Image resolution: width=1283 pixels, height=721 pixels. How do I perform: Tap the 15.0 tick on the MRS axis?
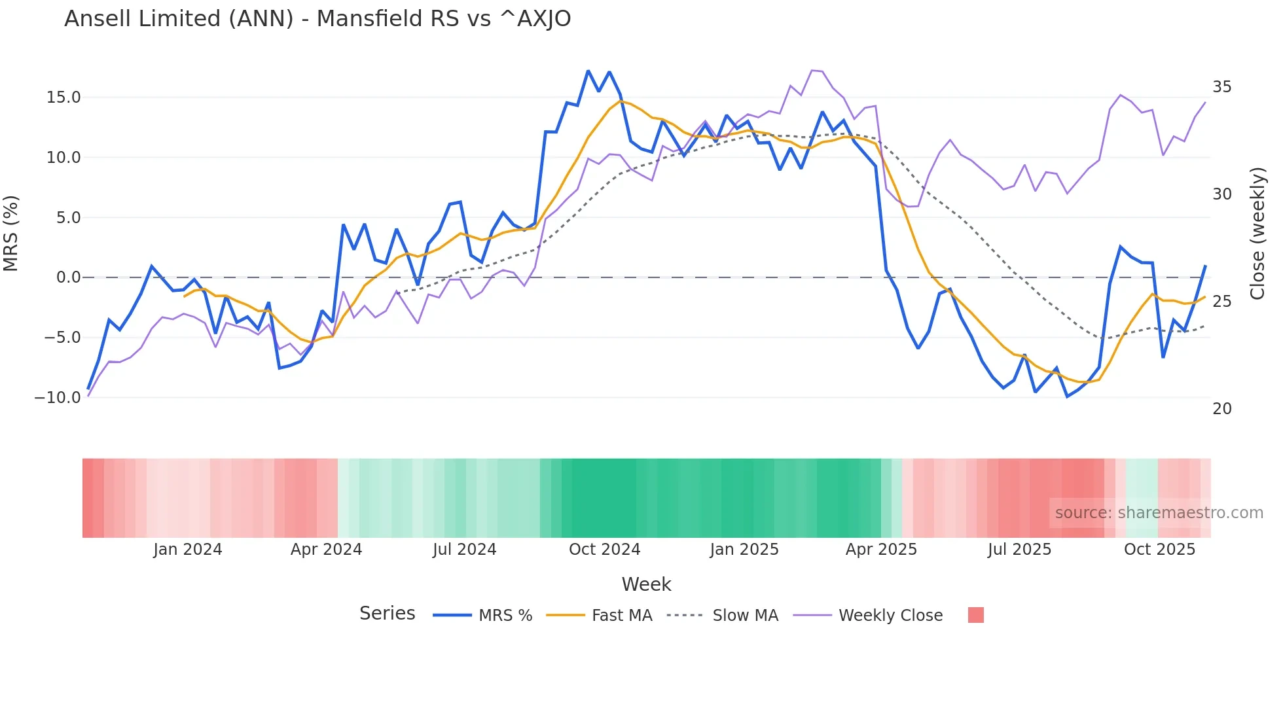point(63,97)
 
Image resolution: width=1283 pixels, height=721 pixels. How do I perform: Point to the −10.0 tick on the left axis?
point(58,398)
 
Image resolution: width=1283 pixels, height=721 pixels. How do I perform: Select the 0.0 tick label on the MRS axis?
point(68,277)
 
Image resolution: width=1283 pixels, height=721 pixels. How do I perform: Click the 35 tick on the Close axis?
point(1221,87)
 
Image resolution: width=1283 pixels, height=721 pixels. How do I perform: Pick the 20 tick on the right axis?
point(1221,409)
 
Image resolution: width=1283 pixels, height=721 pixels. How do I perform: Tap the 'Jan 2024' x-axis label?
point(188,550)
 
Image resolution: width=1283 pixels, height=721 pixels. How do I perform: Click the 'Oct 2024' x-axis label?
point(604,550)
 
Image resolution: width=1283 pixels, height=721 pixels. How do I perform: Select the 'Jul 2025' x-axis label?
point(1019,550)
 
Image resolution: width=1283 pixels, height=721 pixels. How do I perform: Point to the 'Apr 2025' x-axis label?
point(881,550)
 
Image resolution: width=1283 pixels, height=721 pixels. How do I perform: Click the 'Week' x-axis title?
point(646,584)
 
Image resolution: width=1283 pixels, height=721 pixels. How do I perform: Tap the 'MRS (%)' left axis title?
point(11,233)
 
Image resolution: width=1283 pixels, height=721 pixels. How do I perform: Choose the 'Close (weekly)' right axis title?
point(1257,234)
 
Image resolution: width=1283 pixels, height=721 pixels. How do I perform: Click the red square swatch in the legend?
point(975,615)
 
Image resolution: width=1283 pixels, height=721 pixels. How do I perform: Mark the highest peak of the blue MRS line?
point(588,71)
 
